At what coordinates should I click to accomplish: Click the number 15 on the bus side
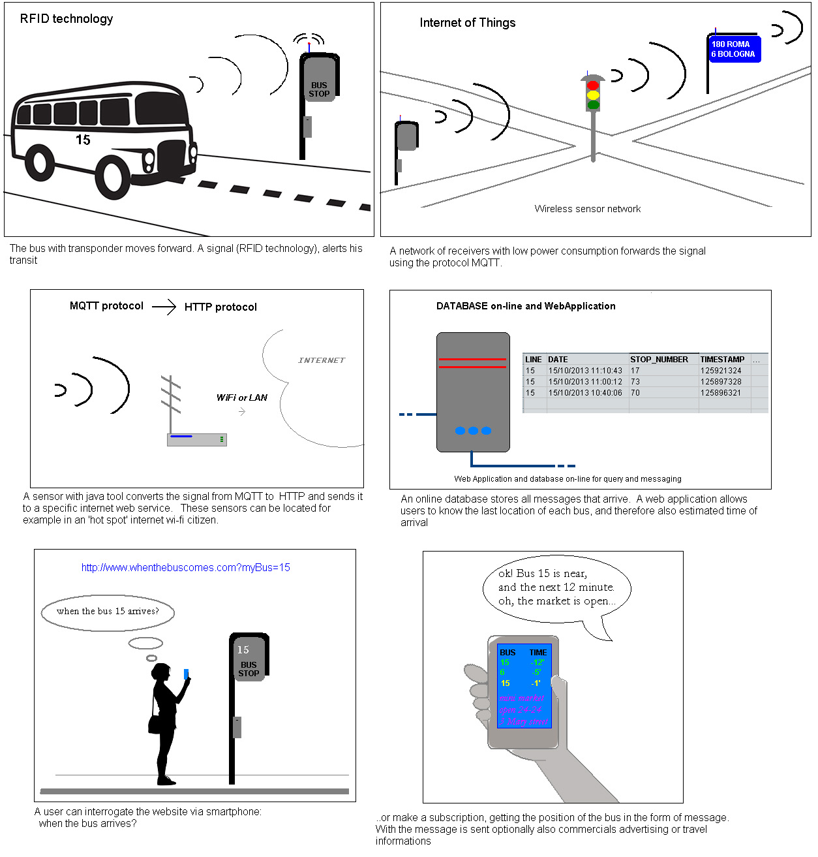(x=83, y=140)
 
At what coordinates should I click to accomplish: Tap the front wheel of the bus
(x=112, y=178)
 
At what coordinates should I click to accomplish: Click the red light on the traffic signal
(x=592, y=86)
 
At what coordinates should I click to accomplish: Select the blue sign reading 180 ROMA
(x=734, y=49)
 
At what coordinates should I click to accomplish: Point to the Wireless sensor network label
(x=587, y=209)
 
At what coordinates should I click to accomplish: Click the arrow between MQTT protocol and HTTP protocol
(x=164, y=306)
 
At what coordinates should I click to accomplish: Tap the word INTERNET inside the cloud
(x=322, y=360)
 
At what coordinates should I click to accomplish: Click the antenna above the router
(x=170, y=402)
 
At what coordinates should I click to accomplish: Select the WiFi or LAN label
(x=241, y=397)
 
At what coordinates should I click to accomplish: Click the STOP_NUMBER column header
(x=659, y=360)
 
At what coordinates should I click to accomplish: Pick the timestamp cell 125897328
(x=721, y=382)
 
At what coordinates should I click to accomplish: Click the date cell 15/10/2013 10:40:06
(x=585, y=393)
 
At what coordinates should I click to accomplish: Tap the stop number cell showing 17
(x=635, y=371)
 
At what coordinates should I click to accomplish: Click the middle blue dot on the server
(x=473, y=431)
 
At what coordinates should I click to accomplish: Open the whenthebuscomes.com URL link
(x=185, y=568)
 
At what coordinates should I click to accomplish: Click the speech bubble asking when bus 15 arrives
(x=108, y=612)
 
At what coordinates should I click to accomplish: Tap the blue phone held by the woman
(x=186, y=674)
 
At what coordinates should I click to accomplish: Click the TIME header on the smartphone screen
(x=538, y=653)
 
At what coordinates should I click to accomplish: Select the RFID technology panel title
(x=67, y=19)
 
